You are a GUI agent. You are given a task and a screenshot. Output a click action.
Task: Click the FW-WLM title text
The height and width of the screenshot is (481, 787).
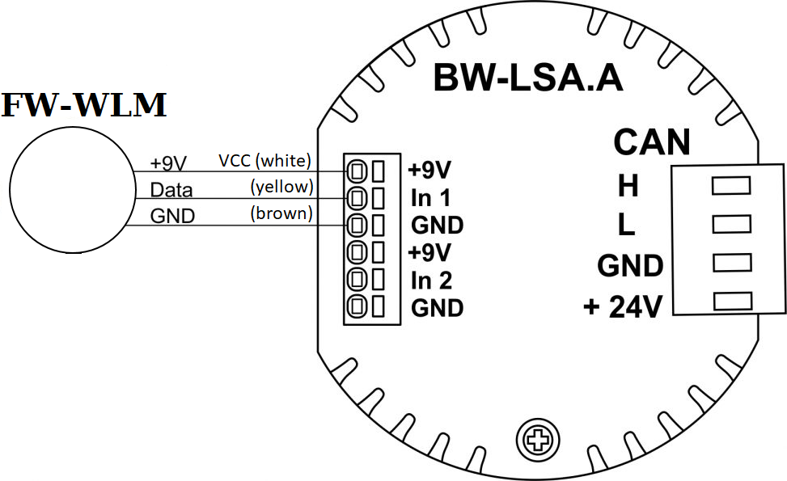[84, 106]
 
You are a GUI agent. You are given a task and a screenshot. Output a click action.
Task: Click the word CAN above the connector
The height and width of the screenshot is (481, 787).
[651, 142]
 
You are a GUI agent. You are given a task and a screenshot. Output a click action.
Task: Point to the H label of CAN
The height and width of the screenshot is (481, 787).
[627, 188]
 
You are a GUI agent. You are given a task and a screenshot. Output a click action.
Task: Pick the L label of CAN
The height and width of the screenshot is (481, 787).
[626, 226]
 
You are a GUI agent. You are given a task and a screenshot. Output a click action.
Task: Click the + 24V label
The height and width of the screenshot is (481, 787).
[624, 307]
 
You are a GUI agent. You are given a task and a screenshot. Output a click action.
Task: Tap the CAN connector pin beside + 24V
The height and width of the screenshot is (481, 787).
[730, 302]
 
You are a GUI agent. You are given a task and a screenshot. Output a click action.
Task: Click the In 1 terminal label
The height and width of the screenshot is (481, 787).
[431, 198]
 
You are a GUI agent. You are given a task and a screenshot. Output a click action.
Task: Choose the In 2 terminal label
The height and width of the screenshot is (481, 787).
[431, 281]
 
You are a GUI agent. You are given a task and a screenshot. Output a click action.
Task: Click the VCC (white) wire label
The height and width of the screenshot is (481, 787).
[264, 160]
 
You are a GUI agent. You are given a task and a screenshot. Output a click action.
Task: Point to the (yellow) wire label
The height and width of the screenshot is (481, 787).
[281, 188]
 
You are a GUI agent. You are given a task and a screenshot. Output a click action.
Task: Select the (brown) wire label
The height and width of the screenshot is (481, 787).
[280, 214]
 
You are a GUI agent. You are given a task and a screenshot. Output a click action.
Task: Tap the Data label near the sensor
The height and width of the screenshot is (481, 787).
[171, 191]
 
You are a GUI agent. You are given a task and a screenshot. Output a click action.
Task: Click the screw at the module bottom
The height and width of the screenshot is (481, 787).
[536, 440]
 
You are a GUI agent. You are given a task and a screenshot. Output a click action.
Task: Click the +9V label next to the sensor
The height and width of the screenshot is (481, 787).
[168, 164]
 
